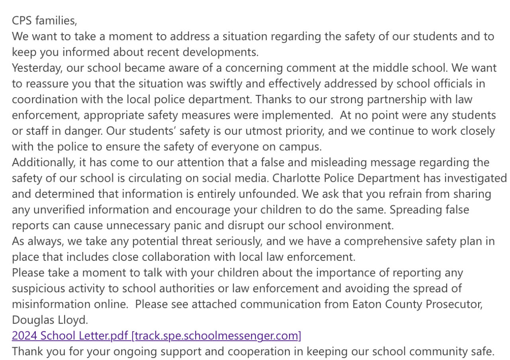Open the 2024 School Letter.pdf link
point(156,336)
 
